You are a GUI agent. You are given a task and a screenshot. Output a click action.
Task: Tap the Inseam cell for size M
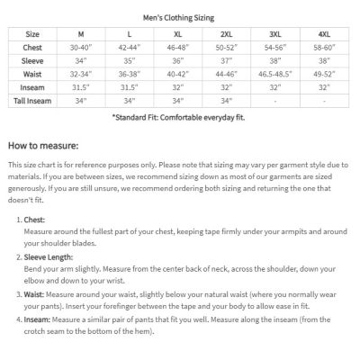tap(84, 87)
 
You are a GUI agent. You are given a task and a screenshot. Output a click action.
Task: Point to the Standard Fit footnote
tap(180, 117)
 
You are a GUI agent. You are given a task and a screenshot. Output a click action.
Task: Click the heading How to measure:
tap(43, 144)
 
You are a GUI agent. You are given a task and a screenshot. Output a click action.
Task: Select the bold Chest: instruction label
tap(34, 220)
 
